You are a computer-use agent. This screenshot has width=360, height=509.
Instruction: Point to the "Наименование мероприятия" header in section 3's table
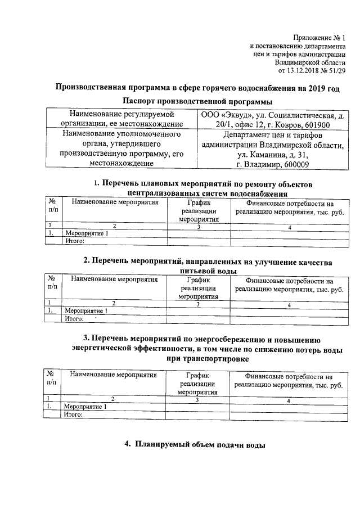[114, 375]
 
